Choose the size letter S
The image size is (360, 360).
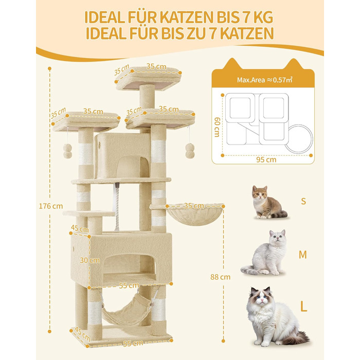click(303, 201)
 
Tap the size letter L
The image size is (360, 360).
click(304, 308)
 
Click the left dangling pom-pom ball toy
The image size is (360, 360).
click(67, 151)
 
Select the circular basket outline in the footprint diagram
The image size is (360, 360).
click(297, 136)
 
